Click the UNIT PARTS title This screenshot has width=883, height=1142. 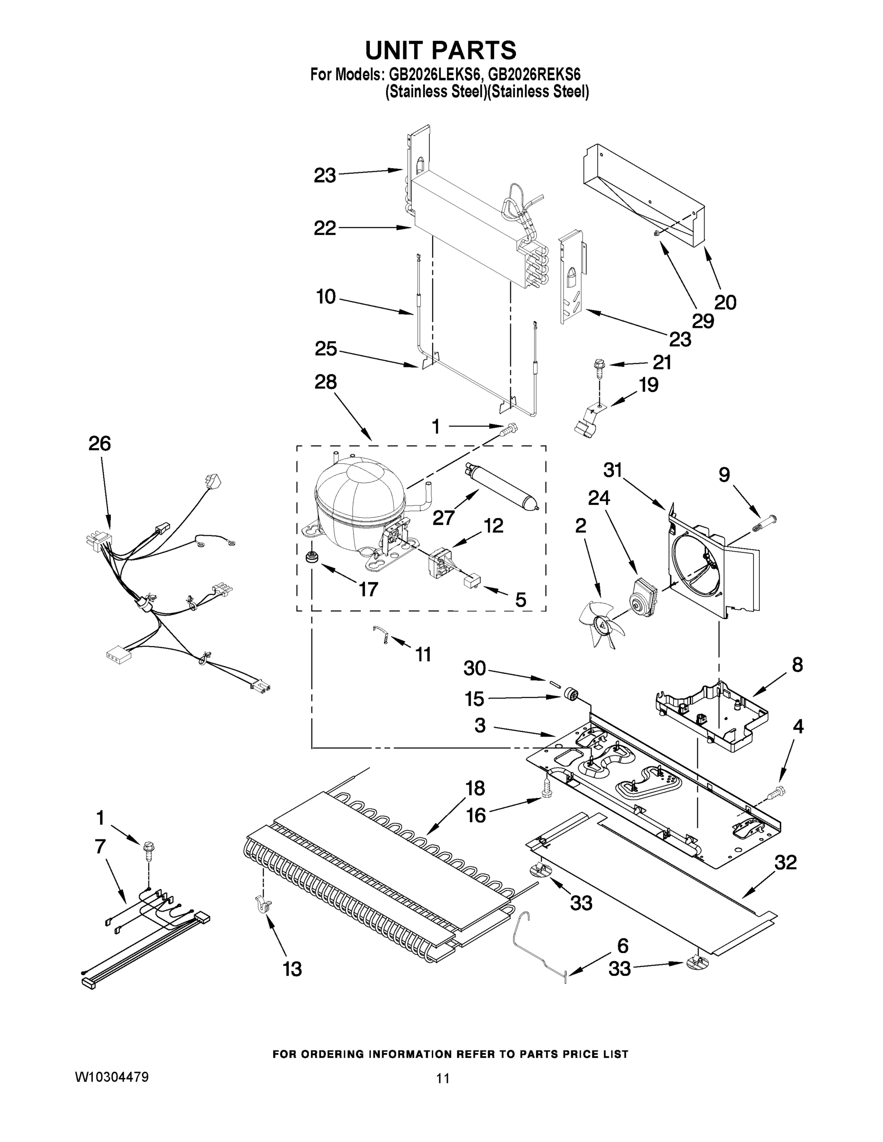pos(440,51)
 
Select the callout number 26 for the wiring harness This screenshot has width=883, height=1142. pos(99,443)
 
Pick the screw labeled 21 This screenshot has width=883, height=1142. pos(597,366)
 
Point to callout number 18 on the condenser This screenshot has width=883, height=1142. pos(475,788)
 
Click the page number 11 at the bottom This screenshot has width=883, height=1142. pos(443,1078)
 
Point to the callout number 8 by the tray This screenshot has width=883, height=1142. pos(797,665)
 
